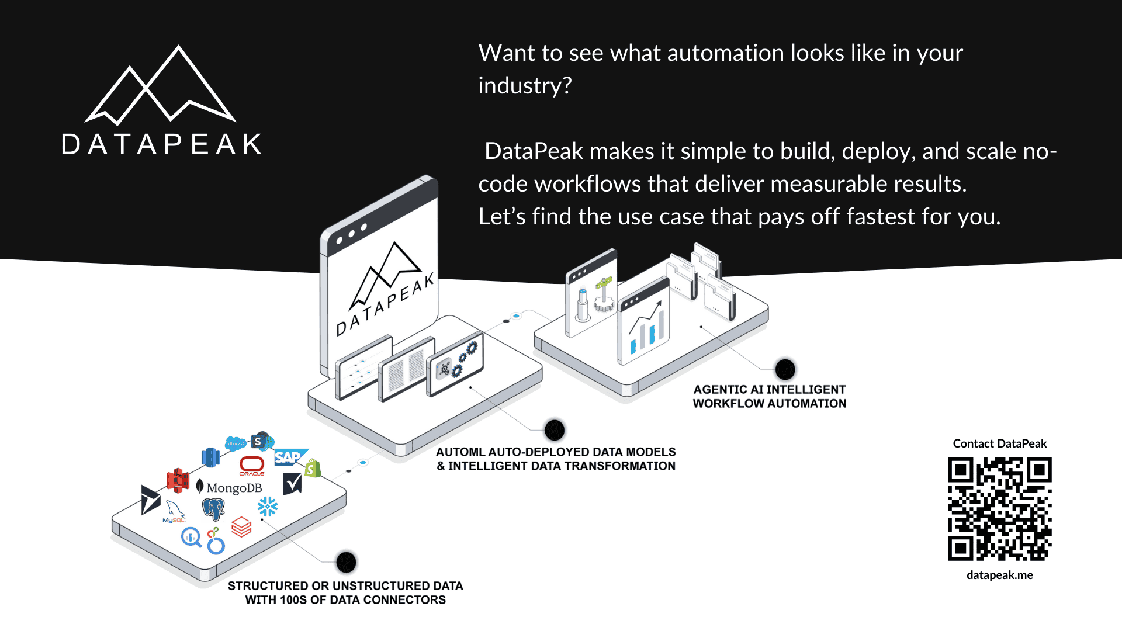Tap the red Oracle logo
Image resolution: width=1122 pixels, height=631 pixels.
tap(252, 465)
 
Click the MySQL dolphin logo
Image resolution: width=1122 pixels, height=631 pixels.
tap(175, 511)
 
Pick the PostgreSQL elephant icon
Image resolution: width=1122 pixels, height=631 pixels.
tap(213, 509)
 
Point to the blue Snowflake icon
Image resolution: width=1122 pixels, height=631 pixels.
tap(268, 506)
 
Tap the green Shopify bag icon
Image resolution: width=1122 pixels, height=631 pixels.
tap(313, 468)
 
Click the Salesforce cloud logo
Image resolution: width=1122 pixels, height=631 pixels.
tap(236, 443)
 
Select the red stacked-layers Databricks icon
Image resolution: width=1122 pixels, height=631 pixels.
tap(241, 526)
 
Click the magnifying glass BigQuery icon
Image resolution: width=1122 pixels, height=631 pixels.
tap(191, 536)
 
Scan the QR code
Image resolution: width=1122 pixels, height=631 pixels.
tap(999, 509)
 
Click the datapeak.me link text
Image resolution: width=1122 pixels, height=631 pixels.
tap(999, 575)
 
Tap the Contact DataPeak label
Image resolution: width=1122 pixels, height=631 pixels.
tap(999, 443)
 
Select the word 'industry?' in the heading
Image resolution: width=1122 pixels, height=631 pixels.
tap(525, 86)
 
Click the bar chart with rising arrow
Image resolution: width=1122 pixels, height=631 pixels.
tap(645, 327)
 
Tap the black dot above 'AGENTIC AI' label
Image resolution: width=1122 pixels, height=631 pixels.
tap(785, 369)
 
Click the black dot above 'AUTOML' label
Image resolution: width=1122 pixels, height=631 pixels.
tap(554, 430)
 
